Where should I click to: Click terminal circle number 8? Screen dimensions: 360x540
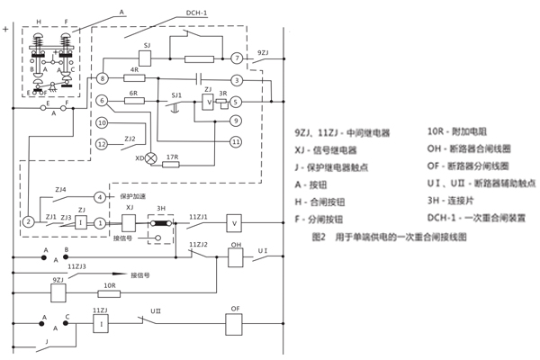[x=103, y=80]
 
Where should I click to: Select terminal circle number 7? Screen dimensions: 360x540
[x=235, y=58]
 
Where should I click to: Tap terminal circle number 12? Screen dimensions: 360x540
[x=102, y=144]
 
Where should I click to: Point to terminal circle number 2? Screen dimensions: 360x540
[x=28, y=221]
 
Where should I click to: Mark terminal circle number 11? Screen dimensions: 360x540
[x=236, y=140]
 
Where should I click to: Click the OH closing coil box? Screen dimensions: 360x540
[x=237, y=255]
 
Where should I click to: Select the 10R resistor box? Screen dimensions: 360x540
[x=107, y=293]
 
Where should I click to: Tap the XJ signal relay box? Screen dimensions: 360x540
[x=129, y=221]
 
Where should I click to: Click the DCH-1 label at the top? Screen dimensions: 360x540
[x=198, y=13]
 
